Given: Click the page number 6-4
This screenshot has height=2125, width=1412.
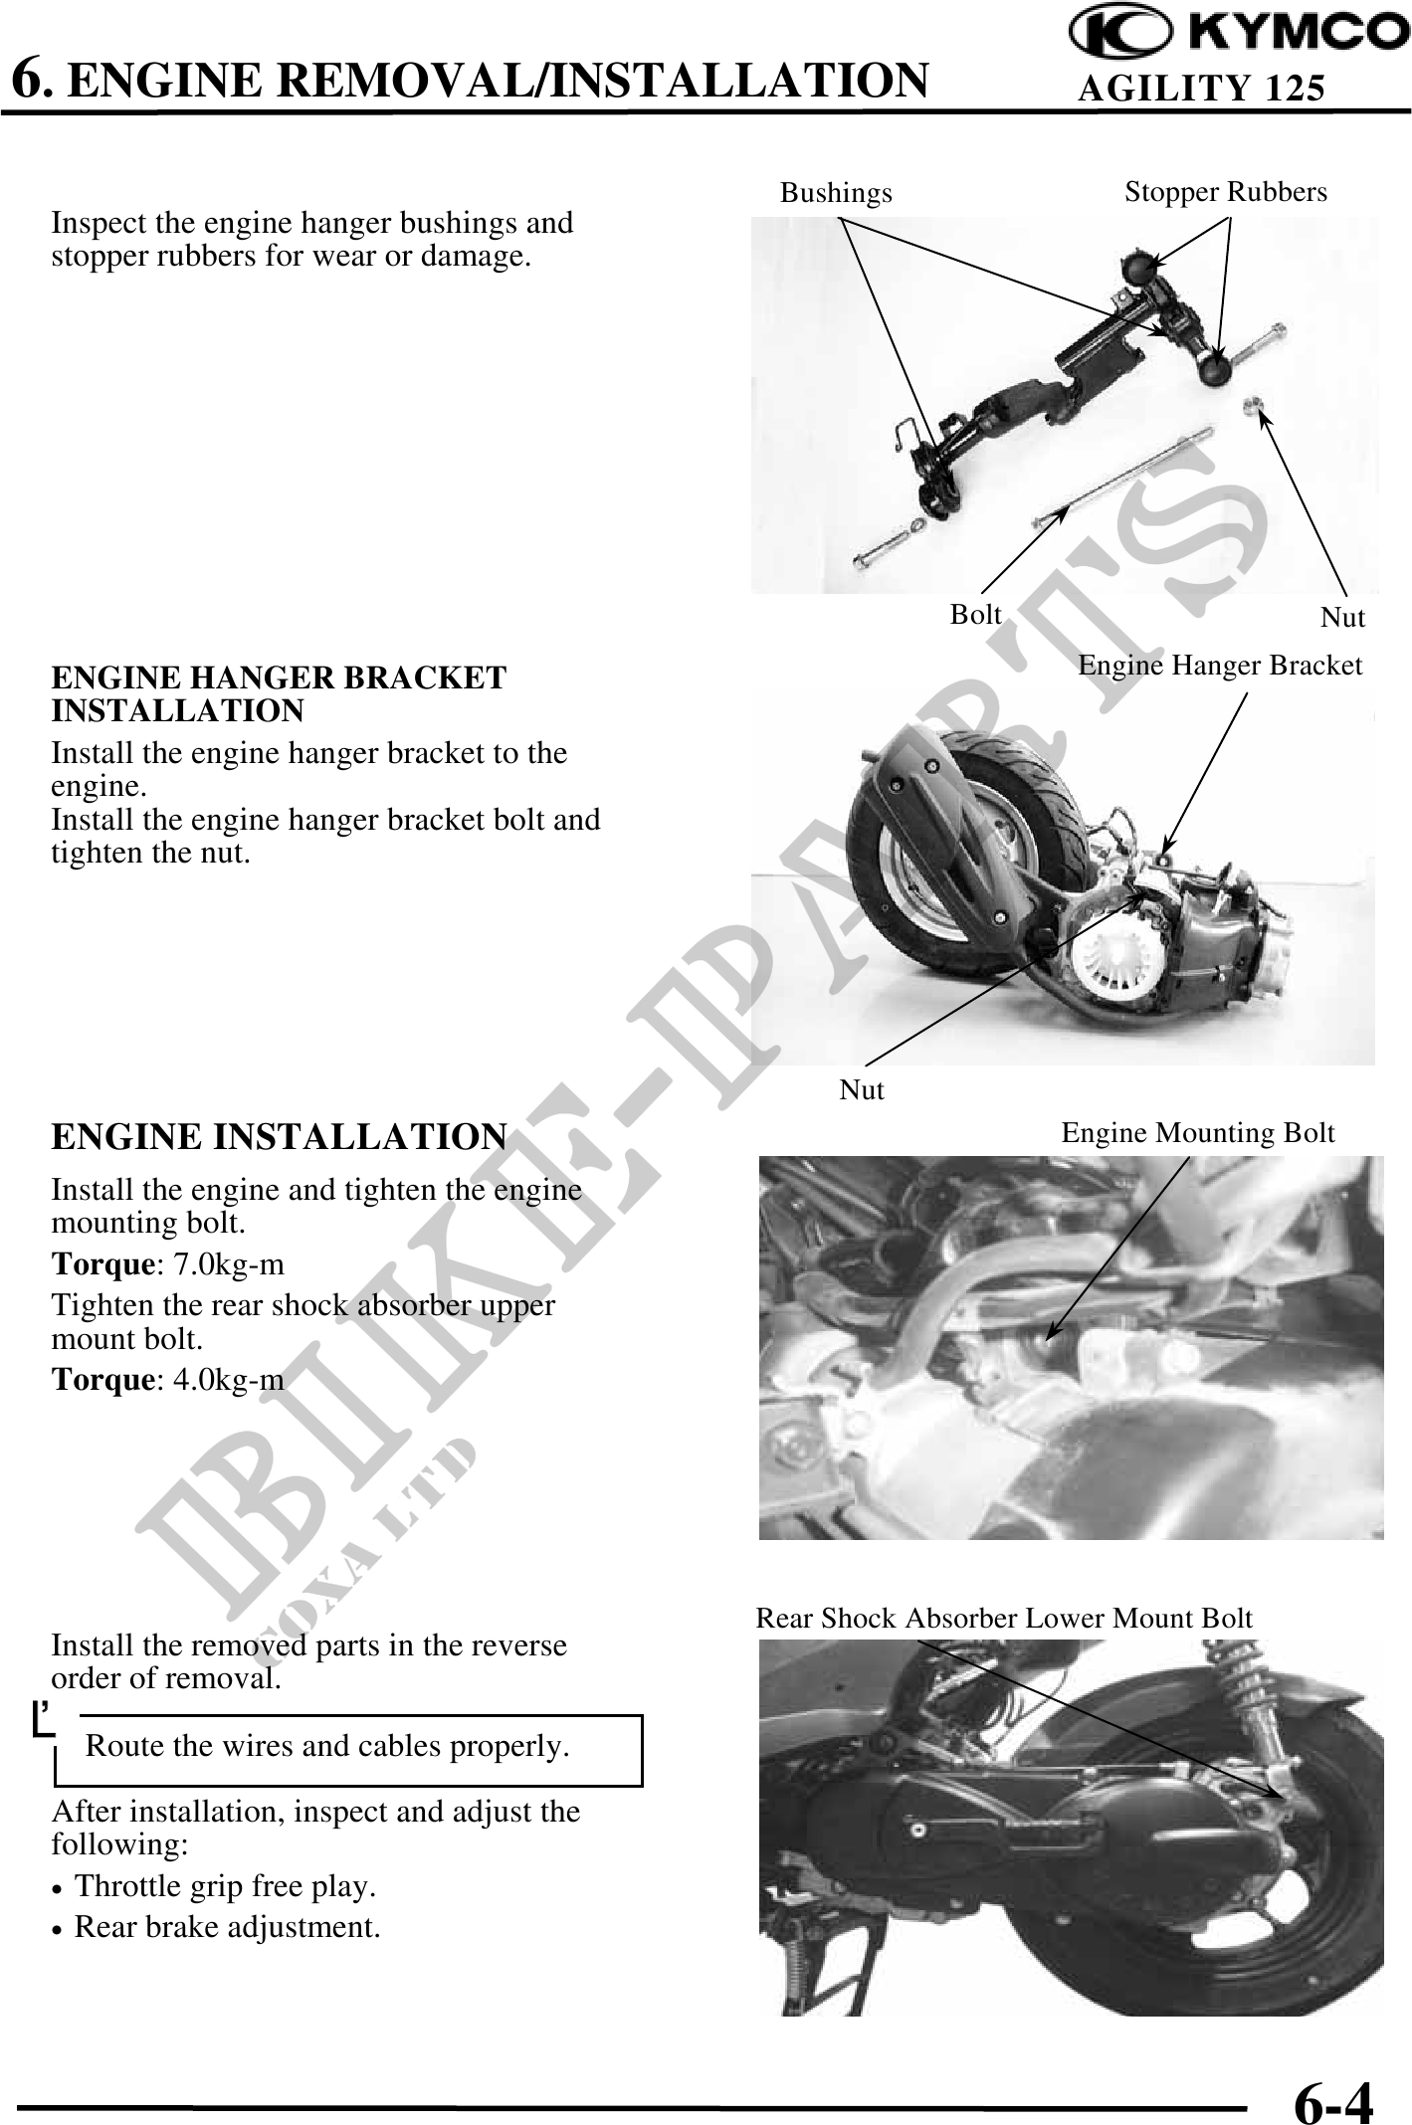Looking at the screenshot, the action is tap(1333, 2078).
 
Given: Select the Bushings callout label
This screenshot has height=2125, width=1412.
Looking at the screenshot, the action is tap(836, 193).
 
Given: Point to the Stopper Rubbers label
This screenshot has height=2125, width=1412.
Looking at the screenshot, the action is tap(1226, 192).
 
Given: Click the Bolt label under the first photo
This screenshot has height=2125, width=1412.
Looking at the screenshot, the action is tap(975, 615).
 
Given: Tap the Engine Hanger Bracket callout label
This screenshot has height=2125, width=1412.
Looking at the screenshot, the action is tap(1220, 666).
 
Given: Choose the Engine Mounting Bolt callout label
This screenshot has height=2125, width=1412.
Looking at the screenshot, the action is tap(1198, 1133).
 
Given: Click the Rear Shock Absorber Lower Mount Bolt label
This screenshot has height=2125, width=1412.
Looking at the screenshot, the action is tap(1004, 1619).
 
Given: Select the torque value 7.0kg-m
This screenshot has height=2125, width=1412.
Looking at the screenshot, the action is tap(229, 1264).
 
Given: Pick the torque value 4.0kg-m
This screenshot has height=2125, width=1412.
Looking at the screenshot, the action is tap(229, 1380).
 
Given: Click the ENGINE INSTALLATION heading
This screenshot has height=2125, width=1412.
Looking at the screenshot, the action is tap(279, 1136).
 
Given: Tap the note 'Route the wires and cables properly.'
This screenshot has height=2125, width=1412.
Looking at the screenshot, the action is tap(328, 1746).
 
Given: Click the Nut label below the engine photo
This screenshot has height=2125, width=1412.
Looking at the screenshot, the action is tap(862, 1090).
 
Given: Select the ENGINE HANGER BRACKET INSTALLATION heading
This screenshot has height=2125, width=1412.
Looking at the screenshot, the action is tap(279, 694).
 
